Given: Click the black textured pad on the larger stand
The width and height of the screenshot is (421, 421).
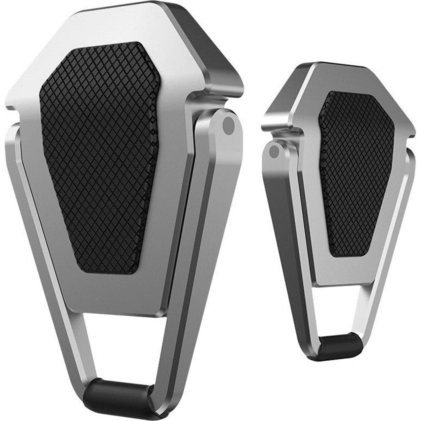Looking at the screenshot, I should click(x=98, y=156).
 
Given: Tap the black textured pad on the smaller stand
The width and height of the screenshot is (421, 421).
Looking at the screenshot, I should click(x=356, y=173).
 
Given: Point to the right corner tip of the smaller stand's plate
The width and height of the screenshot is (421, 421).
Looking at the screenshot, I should click(x=412, y=134).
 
